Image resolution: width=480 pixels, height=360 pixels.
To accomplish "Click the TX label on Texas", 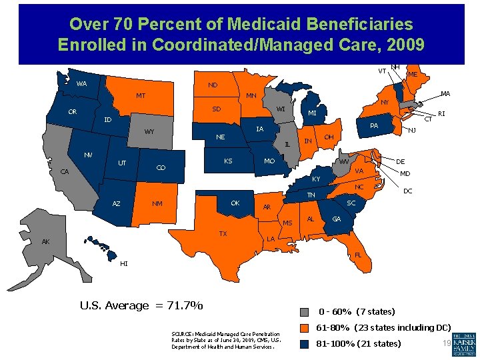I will pos(223,234).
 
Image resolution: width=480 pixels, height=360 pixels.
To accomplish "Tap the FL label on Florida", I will pos(358,254).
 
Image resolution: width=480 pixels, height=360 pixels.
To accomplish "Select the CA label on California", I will pos(65,172).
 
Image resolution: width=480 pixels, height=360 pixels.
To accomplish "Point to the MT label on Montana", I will pos(141,96).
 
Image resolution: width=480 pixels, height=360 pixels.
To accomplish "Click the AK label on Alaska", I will pos(45,241).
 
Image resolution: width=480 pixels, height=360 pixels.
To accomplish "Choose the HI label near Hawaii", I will pos(124,263).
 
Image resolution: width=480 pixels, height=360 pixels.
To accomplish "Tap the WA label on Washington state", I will pos(81,84).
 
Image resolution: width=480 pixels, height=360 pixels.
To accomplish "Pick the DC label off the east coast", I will pos(407,191).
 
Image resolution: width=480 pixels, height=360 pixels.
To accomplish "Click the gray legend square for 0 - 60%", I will pos(305,312).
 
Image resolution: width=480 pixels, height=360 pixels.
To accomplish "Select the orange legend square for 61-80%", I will pos(305,328).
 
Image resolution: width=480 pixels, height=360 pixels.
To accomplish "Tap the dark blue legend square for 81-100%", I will pos(305,344).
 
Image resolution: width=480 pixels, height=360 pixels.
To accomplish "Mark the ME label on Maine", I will pos(413,75).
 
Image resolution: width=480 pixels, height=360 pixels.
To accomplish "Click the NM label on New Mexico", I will pos(157,204).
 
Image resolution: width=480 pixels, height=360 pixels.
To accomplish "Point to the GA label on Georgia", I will pos(337,219).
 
